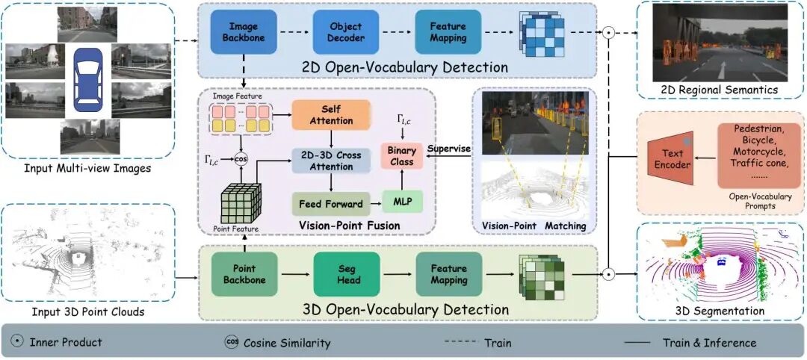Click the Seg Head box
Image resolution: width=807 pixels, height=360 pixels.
(x=347, y=274)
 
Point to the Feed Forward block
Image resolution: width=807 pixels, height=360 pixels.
(x=330, y=203)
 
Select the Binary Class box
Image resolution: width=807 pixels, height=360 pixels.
(x=402, y=156)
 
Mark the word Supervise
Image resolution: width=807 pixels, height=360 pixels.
(x=448, y=149)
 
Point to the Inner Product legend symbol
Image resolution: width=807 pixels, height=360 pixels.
(x=17, y=342)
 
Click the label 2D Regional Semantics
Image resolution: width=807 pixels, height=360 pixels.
(x=720, y=90)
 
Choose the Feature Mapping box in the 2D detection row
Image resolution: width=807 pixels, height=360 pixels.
(x=448, y=32)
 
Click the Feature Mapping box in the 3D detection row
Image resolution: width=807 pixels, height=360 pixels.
(x=448, y=274)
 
